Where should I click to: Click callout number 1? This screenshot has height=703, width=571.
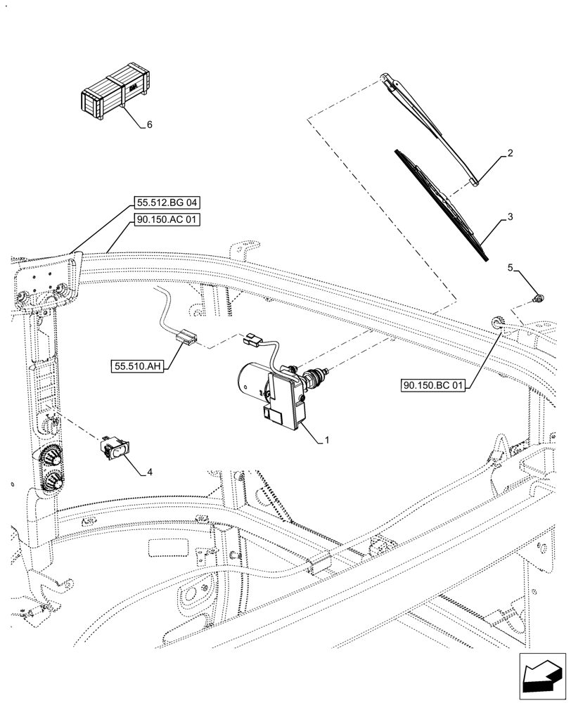(327, 441)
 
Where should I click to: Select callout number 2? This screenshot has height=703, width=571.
(510, 153)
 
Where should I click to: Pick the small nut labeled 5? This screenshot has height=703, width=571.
(538, 299)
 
